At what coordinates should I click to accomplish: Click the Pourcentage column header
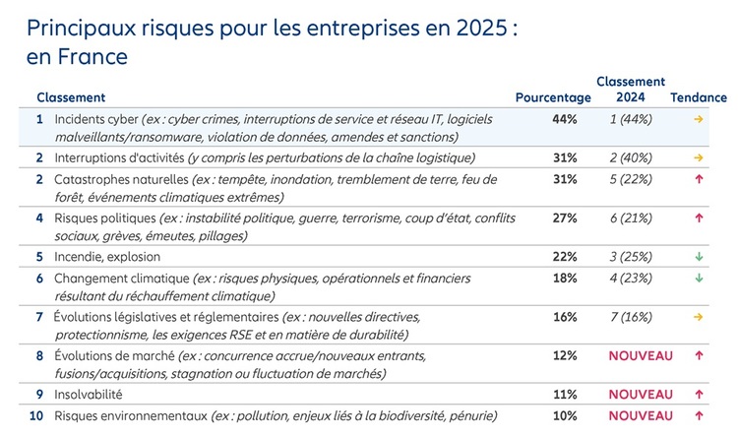pos(553,97)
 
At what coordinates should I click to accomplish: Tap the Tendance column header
pos(699,97)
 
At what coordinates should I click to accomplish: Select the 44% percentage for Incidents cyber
pos(565,119)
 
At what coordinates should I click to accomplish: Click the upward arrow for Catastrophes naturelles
pos(699,179)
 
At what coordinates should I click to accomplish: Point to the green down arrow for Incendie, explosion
pos(699,257)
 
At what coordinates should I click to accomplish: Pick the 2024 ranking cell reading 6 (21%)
pos(631,218)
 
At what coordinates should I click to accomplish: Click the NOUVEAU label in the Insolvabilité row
pos(641,394)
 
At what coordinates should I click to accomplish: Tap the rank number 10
pos(36,415)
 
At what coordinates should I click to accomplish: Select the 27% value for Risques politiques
pos(565,218)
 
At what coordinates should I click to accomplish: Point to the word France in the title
pos(92,57)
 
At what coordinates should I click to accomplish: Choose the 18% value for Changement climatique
pos(565,279)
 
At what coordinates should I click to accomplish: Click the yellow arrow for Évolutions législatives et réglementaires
pos(699,317)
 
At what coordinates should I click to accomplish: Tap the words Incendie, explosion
pos(107,257)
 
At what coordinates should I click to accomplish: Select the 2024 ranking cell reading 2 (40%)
pos(631,157)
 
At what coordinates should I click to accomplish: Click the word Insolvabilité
pos(89,394)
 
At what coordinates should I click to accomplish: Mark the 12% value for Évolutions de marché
pos(565,355)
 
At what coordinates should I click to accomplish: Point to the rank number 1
pos(39,119)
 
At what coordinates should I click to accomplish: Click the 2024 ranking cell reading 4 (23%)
pos(631,279)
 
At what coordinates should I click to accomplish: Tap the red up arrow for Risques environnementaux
pos(699,415)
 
